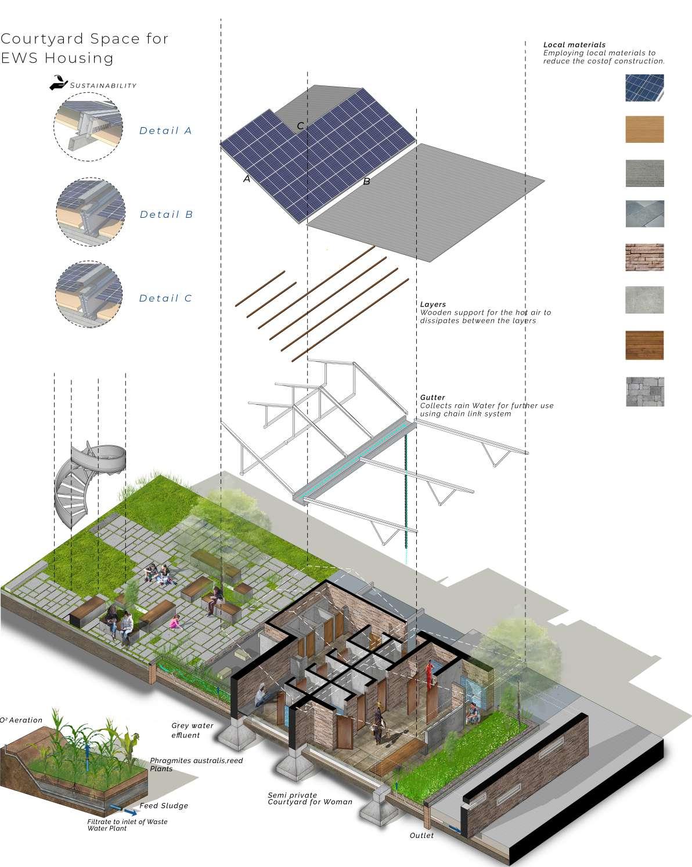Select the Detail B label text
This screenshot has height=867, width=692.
pos(166,215)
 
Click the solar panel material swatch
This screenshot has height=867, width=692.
pos(644,88)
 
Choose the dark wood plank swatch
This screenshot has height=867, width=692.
pos(644,346)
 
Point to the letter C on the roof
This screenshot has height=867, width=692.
pos(300,126)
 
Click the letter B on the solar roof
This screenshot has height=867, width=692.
pos(366,182)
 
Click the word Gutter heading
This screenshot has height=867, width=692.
pos(432,398)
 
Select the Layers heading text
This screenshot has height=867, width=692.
pos(433,304)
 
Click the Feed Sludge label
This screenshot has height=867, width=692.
pos(164,806)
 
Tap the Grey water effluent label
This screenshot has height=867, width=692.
pos(192,730)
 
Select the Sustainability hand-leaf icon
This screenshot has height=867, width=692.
pos(58,83)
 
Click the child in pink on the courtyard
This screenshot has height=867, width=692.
pos(174,623)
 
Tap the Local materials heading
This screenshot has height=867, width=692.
pos(574,45)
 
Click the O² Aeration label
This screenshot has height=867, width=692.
pos(22,720)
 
